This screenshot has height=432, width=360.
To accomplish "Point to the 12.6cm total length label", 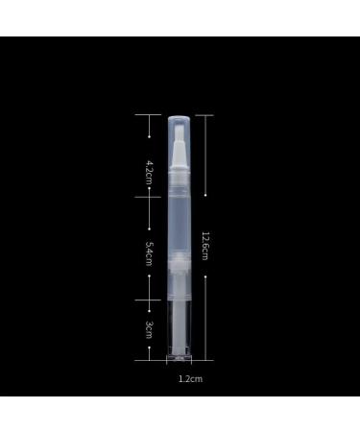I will click(205, 247).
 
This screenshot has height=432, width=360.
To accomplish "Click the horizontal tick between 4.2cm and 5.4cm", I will click(150, 196).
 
